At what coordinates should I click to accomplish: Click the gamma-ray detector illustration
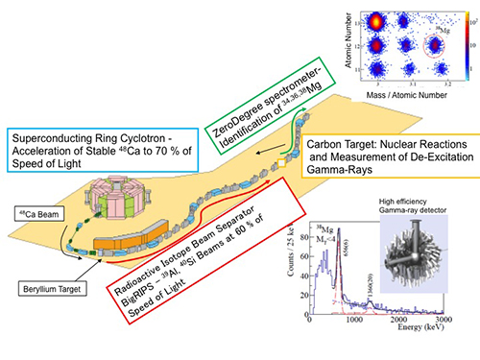(423, 253)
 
